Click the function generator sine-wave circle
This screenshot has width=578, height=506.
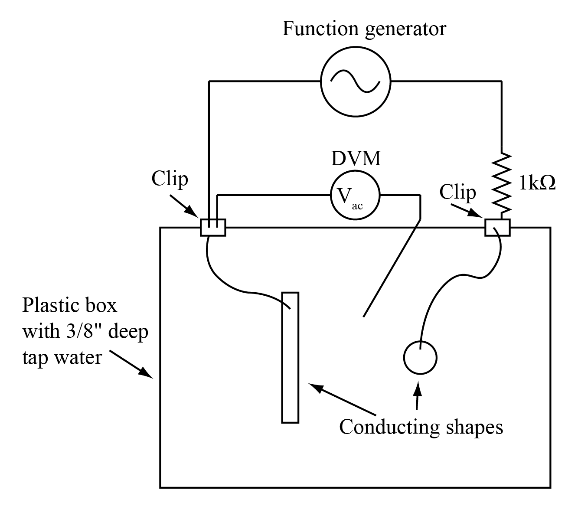356,81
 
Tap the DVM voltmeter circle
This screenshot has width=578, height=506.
355,196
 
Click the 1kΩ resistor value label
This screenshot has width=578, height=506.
537,184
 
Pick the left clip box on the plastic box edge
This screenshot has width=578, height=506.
213,227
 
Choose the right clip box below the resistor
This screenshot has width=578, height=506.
497,227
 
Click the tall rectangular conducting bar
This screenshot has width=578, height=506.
290,357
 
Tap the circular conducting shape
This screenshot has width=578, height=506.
420,357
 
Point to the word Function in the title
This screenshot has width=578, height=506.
320,29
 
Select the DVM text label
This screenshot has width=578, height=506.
356,159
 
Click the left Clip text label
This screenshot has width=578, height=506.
170,179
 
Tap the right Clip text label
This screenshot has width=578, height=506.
457,192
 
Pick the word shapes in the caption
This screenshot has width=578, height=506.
474,428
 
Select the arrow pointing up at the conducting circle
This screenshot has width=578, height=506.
418,395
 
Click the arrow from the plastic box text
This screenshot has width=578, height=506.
131,364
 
